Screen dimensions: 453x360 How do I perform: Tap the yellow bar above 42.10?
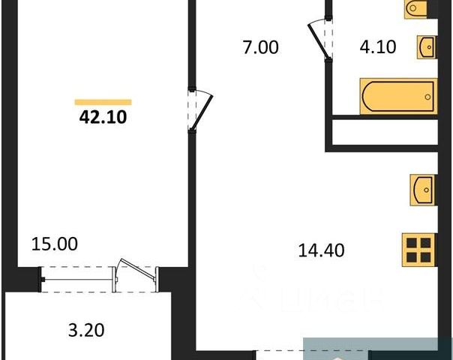tap(103, 102)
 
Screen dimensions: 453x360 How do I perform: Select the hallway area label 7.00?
tap(259, 48)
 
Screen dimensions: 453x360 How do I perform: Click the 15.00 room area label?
tap(55, 244)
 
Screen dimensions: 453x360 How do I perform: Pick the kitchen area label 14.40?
tap(320, 250)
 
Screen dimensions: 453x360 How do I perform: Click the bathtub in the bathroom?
tap(398, 97)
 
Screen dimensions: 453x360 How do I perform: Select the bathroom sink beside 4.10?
tap(426, 46)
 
